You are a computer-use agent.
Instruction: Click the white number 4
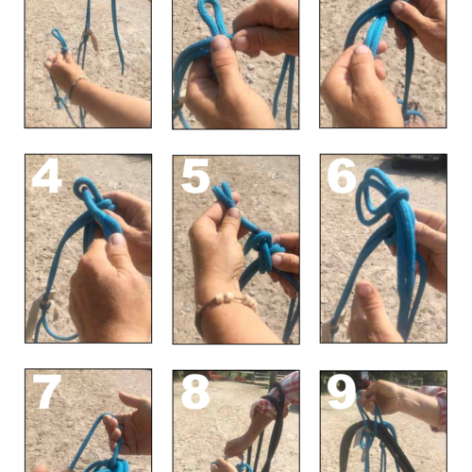[x=47, y=176]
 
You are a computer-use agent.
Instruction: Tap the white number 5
[x=195, y=176]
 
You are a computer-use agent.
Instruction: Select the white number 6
[x=342, y=176]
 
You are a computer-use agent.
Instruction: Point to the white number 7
[x=47, y=391]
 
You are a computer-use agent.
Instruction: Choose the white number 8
[x=195, y=393]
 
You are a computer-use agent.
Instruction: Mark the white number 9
[x=342, y=393]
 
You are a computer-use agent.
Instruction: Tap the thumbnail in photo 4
[x=118, y=239]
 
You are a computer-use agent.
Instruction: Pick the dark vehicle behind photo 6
[x=419, y=160]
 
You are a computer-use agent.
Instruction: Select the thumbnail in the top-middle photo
[x=220, y=43]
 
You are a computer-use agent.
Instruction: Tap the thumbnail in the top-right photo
[x=362, y=49]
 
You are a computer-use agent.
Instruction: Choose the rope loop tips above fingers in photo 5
[x=225, y=194]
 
